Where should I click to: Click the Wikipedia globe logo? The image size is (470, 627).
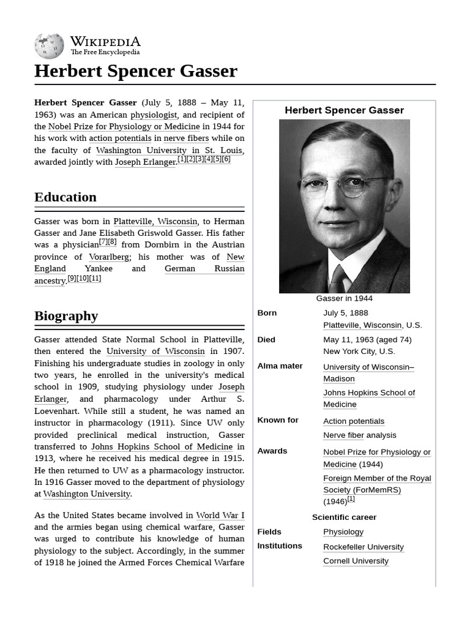click(49, 47)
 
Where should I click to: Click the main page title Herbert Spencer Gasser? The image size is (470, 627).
click(135, 71)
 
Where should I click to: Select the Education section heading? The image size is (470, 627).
click(65, 197)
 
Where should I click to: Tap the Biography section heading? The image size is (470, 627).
click(66, 316)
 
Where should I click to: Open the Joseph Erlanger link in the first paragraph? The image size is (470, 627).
click(145, 162)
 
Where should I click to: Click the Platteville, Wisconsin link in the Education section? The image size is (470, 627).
click(155, 221)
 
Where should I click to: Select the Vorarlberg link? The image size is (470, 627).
click(109, 257)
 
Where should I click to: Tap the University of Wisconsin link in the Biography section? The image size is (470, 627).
click(155, 351)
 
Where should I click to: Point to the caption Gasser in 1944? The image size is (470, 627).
click(344, 299)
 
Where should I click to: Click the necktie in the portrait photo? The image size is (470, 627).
click(338, 279)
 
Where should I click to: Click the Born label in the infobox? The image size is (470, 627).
click(267, 313)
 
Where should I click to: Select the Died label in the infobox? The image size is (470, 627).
click(266, 340)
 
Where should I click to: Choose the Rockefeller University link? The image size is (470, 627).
click(364, 547)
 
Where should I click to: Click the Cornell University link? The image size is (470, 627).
click(356, 561)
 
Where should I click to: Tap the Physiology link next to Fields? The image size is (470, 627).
click(343, 532)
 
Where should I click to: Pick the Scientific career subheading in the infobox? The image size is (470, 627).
click(344, 517)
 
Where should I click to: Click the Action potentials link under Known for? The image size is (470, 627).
click(354, 421)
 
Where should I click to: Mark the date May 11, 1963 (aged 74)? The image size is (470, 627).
click(367, 340)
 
